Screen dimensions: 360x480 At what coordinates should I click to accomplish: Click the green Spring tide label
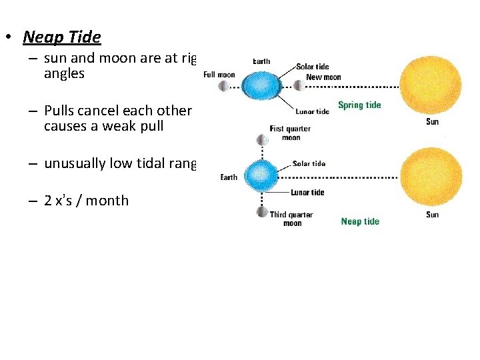tap(359, 105)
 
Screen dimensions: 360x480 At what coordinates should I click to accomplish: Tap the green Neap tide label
tap(360, 221)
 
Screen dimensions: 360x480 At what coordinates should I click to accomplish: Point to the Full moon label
tap(219, 75)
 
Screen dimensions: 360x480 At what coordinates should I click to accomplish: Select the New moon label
tap(323, 77)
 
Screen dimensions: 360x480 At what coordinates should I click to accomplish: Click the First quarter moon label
tap(291, 133)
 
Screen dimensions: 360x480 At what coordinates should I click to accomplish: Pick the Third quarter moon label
tap(291, 219)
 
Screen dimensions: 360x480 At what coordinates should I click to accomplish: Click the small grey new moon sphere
tap(297, 85)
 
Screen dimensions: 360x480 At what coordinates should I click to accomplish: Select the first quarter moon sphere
tap(262, 140)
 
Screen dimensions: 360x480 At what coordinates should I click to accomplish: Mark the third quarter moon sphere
tap(262, 211)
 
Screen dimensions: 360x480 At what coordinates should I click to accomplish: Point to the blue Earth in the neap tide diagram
tap(261, 175)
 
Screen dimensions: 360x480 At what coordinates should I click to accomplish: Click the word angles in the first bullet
tap(64, 74)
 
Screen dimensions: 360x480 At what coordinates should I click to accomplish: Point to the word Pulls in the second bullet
tap(61, 111)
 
